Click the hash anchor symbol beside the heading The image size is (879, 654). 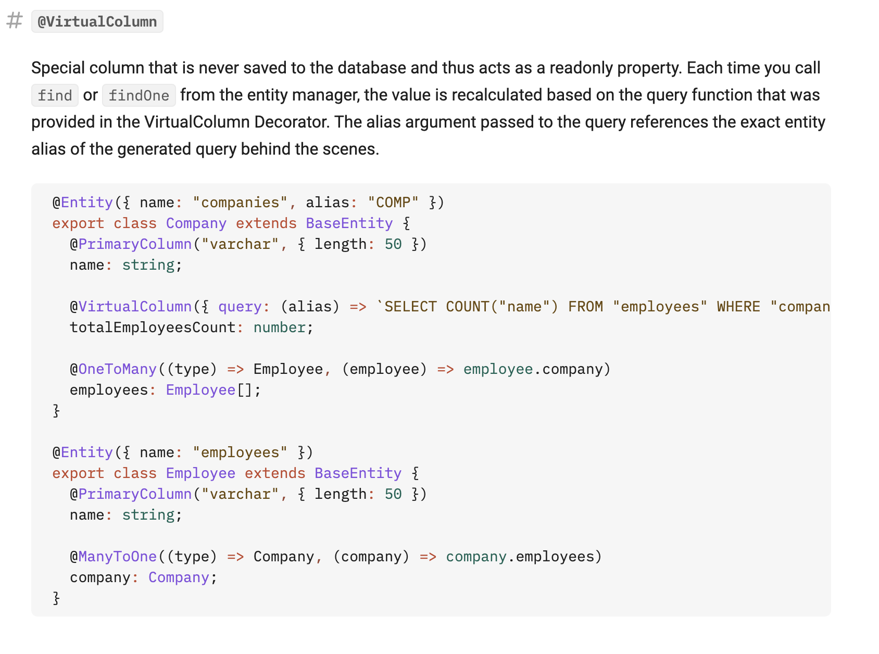[x=15, y=21]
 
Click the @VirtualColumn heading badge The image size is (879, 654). [x=97, y=22]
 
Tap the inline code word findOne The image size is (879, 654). [x=139, y=96]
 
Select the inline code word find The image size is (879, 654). [x=55, y=96]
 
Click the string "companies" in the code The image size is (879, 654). [x=240, y=203]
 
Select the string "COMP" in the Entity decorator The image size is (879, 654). [x=393, y=203]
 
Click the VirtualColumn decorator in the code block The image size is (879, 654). [x=135, y=307]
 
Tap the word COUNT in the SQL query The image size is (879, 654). [x=467, y=307]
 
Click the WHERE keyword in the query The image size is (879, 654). [x=738, y=307]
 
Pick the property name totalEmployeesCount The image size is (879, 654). [x=153, y=328]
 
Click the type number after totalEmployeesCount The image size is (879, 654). [x=279, y=328]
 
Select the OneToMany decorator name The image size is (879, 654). [x=117, y=369]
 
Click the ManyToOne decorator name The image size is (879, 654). [x=117, y=557]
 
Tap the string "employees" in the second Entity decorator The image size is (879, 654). [x=240, y=452]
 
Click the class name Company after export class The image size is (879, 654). [x=196, y=223]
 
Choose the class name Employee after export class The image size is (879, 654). [x=200, y=473]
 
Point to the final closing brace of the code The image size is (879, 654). [x=56, y=598]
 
